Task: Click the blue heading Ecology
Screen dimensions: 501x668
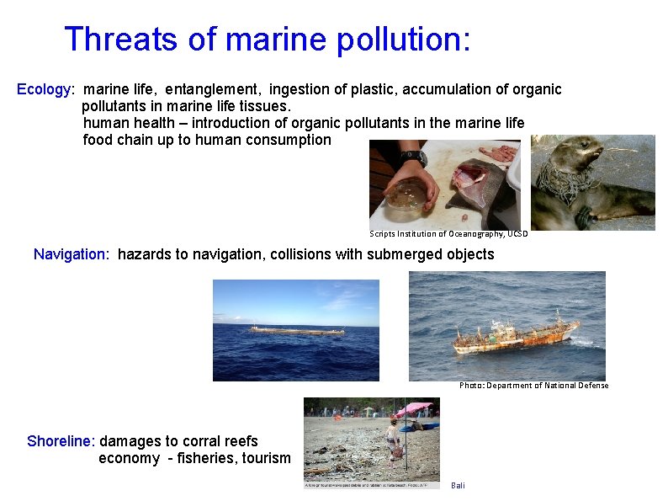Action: tap(45, 89)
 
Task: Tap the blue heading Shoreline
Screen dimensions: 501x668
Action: tap(61, 441)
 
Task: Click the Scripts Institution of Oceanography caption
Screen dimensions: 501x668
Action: tap(448, 234)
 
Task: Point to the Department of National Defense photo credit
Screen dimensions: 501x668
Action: tap(533, 386)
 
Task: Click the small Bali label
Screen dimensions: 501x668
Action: tap(458, 486)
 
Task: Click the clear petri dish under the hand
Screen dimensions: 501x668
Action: tap(403, 195)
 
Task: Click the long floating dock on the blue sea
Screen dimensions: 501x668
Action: tap(296, 330)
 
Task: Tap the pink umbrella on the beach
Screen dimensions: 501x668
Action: tap(413, 409)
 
